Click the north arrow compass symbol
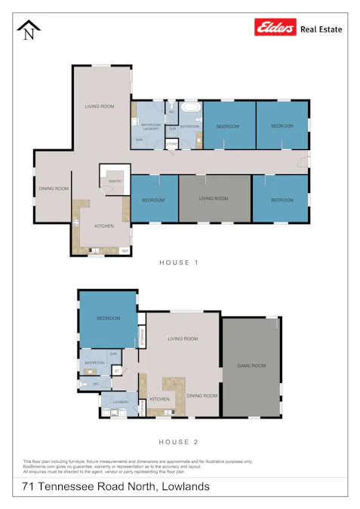coord(29,31)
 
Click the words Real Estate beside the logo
coord(322,29)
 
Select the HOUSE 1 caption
coord(179,262)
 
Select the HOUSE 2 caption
coord(179,442)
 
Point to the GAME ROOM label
coord(251,365)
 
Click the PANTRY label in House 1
coord(115,182)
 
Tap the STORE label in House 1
coord(171,143)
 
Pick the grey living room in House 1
coord(214,198)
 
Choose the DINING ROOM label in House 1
coord(54,189)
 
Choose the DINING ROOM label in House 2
coord(202,395)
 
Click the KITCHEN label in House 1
coord(103,226)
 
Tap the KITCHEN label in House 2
coord(159,399)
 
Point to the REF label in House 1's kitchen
coord(125,250)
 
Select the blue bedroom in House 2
coord(108,317)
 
